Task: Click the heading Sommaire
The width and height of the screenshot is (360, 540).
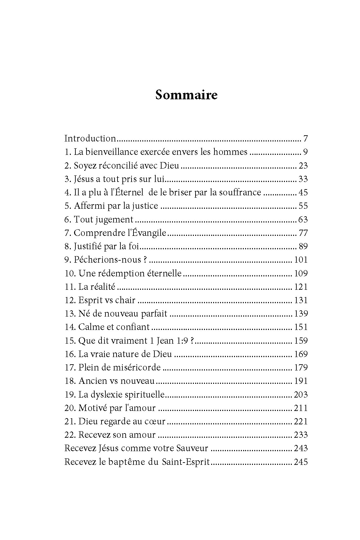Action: coord(186,95)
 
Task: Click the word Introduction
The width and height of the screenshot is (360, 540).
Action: coord(90,139)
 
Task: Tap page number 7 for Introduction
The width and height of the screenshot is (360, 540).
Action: coord(305,139)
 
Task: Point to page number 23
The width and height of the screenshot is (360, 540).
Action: coord(303,166)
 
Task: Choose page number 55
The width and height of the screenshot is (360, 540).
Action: coord(303,206)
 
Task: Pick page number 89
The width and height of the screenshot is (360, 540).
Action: coord(303,246)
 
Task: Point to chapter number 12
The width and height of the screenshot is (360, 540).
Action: coord(70,300)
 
